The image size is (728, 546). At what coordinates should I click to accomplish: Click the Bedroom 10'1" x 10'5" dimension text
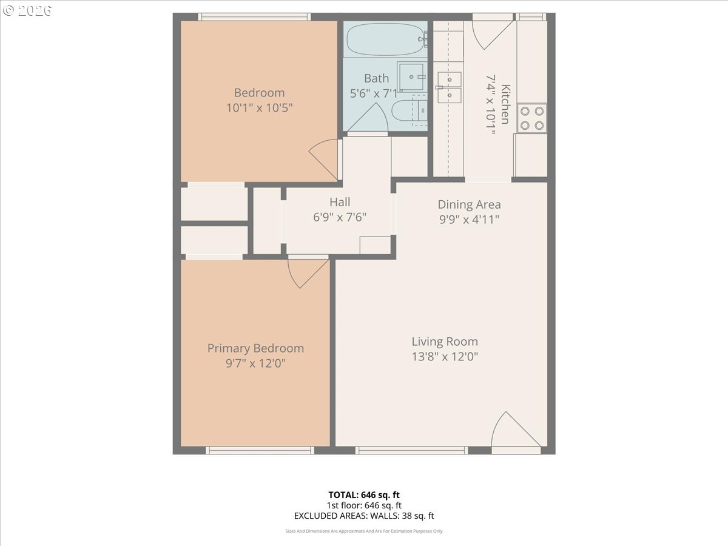[259, 108]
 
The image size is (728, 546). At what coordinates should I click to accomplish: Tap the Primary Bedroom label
[255, 348]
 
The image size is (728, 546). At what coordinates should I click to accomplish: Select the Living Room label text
[445, 342]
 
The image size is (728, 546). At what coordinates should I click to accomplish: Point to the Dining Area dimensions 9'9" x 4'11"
[469, 220]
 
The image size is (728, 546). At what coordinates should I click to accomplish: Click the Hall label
[340, 202]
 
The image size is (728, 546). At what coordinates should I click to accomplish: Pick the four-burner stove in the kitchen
[531, 118]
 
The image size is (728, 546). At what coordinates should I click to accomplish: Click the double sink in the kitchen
[449, 87]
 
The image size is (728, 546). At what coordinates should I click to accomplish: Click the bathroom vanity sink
[413, 76]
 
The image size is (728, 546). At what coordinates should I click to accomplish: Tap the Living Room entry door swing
[513, 432]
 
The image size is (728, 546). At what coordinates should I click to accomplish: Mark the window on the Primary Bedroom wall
[260, 450]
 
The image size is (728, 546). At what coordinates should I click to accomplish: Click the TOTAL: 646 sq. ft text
[363, 494]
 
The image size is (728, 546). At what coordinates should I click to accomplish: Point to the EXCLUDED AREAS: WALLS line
[363, 516]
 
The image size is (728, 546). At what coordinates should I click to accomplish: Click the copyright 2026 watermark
[27, 10]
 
